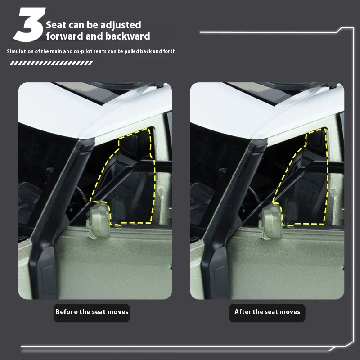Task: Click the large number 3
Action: (x=29, y=25)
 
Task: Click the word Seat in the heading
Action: (x=56, y=25)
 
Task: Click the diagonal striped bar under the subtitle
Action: (x=51, y=63)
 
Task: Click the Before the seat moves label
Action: (x=92, y=313)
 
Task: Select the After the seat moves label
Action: (x=267, y=313)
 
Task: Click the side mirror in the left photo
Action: (x=99, y=220)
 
